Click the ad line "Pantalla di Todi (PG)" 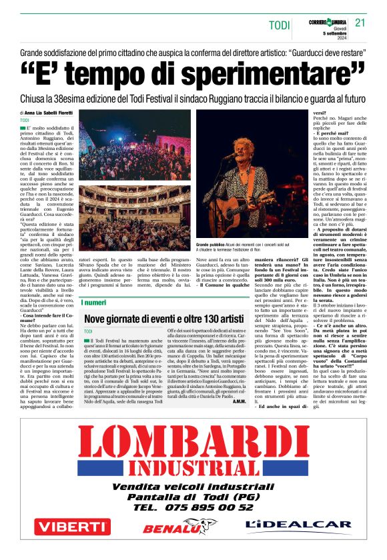193,497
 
